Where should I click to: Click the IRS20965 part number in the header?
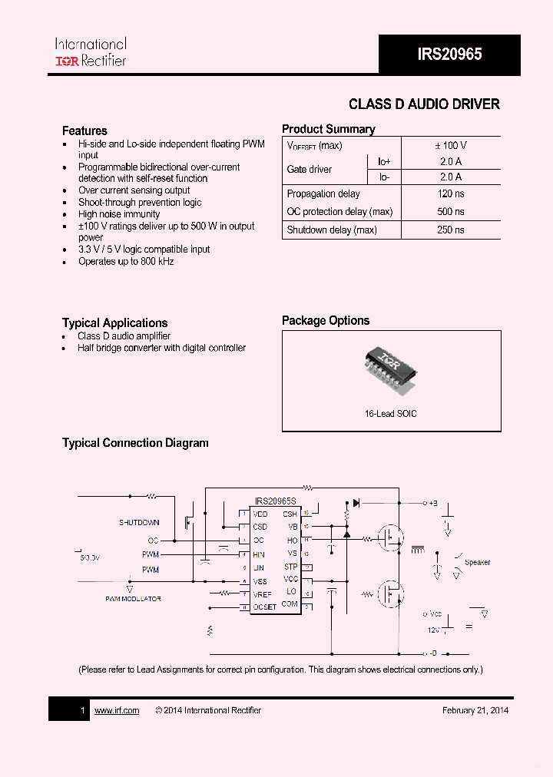coord(449,54)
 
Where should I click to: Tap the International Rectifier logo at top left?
coord(90,51)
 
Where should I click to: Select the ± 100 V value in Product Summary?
coord(451,145)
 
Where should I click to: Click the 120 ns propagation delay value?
coord(451,194)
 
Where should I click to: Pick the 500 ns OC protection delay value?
coord(451,212)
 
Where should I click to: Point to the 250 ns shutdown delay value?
coord(451,230)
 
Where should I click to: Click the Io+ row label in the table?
coord(383,161)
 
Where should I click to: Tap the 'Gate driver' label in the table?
coord(310,169)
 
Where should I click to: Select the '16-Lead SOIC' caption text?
coord(391,414)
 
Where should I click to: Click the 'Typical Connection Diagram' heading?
coord(135,443)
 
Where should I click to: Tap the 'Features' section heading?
coord(84,131)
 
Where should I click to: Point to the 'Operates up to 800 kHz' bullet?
coord(126,262)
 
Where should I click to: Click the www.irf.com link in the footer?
coord(117,710)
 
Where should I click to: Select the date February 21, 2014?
coord(475,710)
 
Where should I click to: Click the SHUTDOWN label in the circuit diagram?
coord(139,523)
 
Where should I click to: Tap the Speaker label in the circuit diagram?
coord(477,563)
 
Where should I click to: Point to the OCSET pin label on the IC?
coord(265,607)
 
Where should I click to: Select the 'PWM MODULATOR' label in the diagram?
coord(133,599)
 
